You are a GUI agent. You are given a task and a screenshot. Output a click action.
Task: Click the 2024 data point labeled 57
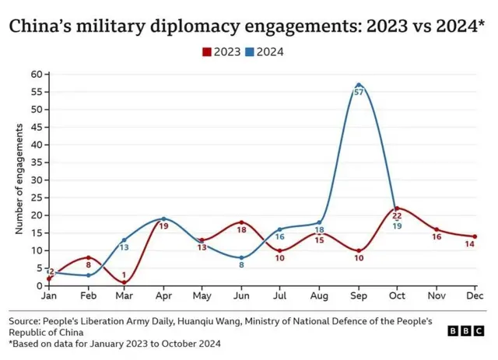[359, 84]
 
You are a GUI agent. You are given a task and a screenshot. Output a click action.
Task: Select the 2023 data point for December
[475, 236]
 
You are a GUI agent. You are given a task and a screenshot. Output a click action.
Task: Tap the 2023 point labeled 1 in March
[124, 282]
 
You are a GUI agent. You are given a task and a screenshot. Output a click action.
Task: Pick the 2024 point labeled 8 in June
[241, 257]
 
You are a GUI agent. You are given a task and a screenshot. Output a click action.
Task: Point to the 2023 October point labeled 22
[397, 208]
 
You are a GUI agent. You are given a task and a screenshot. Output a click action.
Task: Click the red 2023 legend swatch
[207, 52]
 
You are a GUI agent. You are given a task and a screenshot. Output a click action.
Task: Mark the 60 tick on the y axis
[36, 74]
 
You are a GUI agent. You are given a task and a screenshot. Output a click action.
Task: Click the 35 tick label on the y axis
[36, 163]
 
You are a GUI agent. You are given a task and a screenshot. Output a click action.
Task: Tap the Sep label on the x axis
[358, 296]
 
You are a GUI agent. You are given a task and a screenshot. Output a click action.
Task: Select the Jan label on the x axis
[48, 296]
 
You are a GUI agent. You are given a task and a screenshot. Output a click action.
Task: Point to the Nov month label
[436, 296]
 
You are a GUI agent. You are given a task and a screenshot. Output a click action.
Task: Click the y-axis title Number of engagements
[19, 180]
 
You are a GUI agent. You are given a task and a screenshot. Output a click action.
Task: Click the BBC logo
[466, 330]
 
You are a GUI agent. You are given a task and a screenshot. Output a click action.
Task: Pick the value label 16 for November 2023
[437, 237]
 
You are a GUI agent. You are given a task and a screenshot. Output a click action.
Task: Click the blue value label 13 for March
[124, 247]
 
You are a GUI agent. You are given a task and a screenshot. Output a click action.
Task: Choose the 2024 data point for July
[280, 229]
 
